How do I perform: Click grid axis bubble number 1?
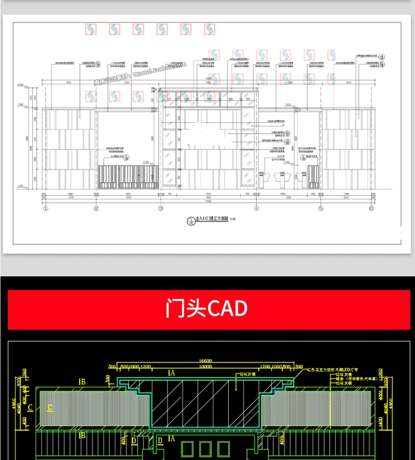[x=45, y=209]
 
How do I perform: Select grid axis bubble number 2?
[x=96, y=209]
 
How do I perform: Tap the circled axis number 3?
[x=160, y=209]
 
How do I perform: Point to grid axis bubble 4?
[x=256, y=209]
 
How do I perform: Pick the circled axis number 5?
[x=321, y=209]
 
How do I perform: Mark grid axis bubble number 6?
[x=371, y=209]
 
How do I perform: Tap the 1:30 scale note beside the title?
[x=233, y=219]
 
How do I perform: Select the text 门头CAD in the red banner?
[x=207, y=309]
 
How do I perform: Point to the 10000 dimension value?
[x=205, y=367]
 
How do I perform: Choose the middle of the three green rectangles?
[x=205, y=449]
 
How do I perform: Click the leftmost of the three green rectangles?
[x=187, y=449]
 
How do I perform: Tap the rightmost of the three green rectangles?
[x=223, y=449]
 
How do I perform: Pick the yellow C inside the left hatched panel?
[x=50, y=408]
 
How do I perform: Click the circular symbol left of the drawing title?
[x=190, y=221]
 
